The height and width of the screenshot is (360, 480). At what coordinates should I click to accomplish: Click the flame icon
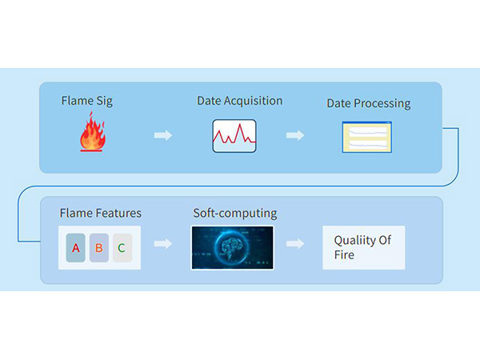(93, 132)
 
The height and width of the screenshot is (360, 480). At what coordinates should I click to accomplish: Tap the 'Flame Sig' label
(87, 101)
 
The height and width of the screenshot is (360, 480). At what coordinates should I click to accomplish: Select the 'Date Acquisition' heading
(240, 101)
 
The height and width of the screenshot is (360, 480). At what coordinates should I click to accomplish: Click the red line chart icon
(234, 136)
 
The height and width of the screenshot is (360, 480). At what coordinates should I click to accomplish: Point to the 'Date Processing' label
(369, 103)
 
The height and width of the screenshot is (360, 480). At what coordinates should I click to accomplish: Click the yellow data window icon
(366, 137)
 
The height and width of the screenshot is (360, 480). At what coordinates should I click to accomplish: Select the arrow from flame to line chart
(163, 135)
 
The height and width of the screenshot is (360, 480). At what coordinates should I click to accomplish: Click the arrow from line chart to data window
(295, 135)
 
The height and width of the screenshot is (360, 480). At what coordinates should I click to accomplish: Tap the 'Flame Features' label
(101, 213)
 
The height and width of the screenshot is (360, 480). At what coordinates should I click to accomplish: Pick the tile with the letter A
(76, 248)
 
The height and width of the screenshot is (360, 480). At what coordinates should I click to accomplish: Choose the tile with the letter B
(99, 248)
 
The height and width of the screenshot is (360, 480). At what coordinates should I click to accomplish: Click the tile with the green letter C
(122, 248)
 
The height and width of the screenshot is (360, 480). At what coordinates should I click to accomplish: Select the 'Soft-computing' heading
(235, 214)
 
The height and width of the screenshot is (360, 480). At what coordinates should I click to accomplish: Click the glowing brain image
(233, 248)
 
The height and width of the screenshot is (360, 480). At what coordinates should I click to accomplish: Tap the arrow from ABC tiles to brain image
(163, 244)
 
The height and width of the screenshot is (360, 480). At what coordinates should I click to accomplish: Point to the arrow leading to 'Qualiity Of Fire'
(295, 244)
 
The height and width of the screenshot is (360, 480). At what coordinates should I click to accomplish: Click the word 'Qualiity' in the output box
(354, 240)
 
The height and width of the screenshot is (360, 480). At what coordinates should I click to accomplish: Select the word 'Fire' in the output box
(344, 254)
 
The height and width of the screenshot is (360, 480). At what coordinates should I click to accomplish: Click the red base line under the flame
(91, 150)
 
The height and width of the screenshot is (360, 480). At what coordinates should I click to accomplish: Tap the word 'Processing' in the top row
(382, 104)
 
